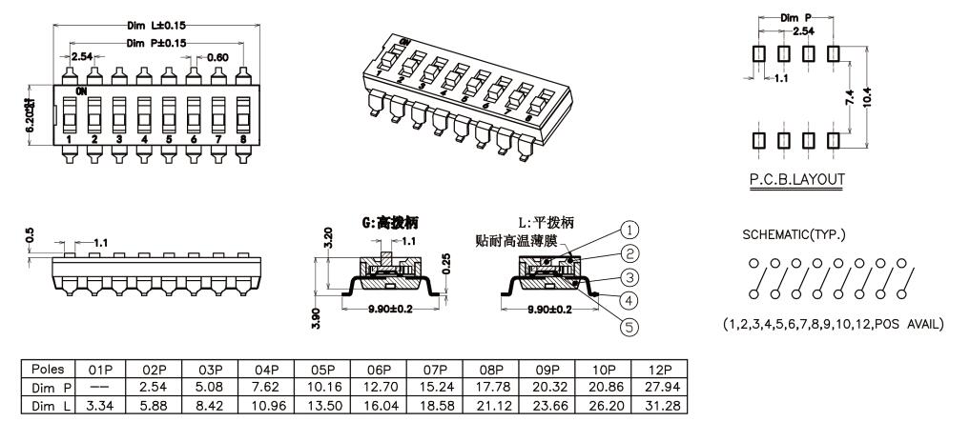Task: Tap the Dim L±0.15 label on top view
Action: tap(155, 26)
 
